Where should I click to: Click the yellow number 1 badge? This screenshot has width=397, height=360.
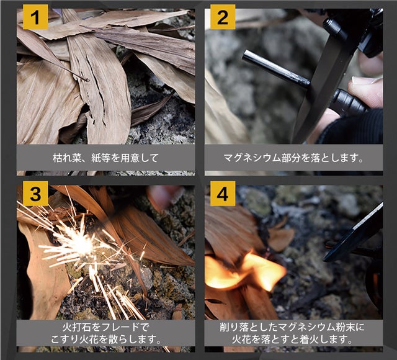[35, 17]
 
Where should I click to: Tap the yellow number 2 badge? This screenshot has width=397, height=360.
[223, 17]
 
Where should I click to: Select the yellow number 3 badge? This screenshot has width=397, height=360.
[35, 193]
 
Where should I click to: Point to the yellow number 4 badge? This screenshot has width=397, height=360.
[223, 193]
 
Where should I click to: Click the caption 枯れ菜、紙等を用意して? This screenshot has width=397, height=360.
[105, 158]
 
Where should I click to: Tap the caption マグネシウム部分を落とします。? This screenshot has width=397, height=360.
[293, 158]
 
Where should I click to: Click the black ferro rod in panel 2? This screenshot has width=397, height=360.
[276, 69]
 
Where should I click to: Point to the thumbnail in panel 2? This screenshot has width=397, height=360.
[365, 81]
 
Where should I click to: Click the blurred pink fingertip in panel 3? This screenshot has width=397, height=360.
[164, 196]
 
